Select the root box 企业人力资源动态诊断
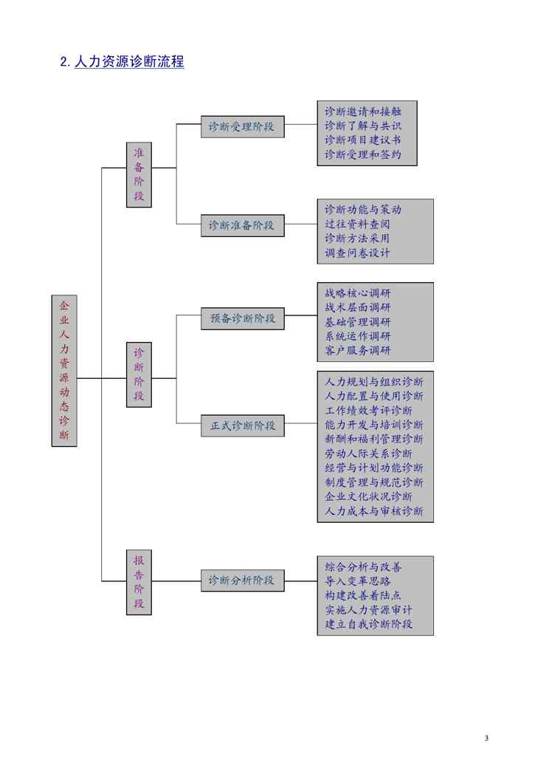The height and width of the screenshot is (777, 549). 64,370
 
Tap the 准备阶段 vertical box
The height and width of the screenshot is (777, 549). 139,174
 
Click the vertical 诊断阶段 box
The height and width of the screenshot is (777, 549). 139,374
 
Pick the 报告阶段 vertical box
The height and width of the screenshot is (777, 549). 139,582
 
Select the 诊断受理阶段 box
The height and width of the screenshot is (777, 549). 241,126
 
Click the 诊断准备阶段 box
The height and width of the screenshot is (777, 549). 241,225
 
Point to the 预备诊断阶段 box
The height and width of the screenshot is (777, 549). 242,318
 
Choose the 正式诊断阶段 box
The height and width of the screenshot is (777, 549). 242,425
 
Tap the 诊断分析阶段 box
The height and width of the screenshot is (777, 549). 241,581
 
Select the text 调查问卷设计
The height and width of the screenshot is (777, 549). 357,253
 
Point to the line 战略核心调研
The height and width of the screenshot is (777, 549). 357,292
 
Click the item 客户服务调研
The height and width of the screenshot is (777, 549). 357,350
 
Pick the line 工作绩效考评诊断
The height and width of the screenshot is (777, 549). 368,411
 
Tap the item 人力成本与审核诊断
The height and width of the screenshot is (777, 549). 374,511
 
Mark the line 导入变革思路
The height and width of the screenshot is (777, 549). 357,581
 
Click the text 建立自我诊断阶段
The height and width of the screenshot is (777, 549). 368,624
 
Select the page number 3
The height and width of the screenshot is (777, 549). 486,738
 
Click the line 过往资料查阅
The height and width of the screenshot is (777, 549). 357,224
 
